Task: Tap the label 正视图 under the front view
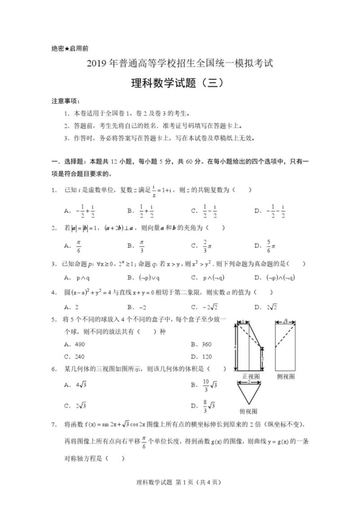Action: pyautogui.click(x=251, y=376)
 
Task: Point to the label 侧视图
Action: pyautogui.click(x=286, y=376)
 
